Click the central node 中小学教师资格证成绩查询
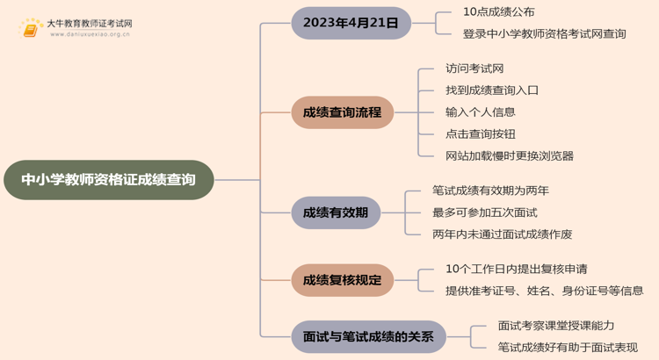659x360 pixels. point(108,180)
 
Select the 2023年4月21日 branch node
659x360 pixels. point(351,23)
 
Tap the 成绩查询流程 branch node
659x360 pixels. point(342,112)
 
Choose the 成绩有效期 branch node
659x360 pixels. point(336,212)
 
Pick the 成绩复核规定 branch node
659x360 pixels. point(342,280)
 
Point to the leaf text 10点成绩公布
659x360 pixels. point(498,12)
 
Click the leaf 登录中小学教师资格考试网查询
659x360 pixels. point(544,34)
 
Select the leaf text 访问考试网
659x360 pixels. point(474,68)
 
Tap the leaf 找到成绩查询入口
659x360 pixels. point(492,90)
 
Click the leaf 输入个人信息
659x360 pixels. point(481,112)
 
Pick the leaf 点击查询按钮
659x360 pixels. point(481,134)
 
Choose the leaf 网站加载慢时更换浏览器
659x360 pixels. point(510,156)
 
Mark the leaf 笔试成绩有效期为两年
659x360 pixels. point(490,191)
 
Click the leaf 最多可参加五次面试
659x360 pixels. point(484,212)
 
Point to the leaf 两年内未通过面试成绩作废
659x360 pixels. point(502,234)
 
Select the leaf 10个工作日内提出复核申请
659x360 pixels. point(516,269)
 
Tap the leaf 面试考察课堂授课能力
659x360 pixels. point(556,325)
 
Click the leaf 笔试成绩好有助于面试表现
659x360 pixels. point(568,348)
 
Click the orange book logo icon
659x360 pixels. point(31,29)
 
